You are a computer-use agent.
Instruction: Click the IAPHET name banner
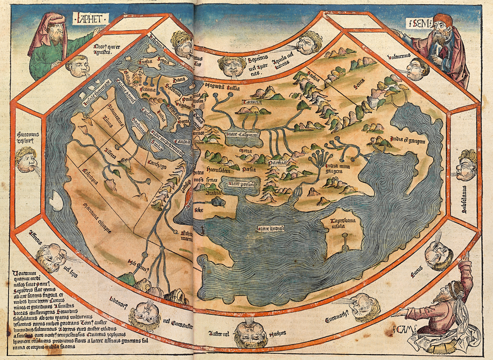tap(90, 19)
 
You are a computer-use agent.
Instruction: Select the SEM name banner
tap(417, 22)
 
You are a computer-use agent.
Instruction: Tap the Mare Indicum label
tap(271, 227)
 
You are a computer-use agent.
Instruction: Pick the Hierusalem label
tap(217, 169)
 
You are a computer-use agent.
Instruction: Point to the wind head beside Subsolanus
tap(466, 165)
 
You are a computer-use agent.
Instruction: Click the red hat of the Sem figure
tap(442, 19)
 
